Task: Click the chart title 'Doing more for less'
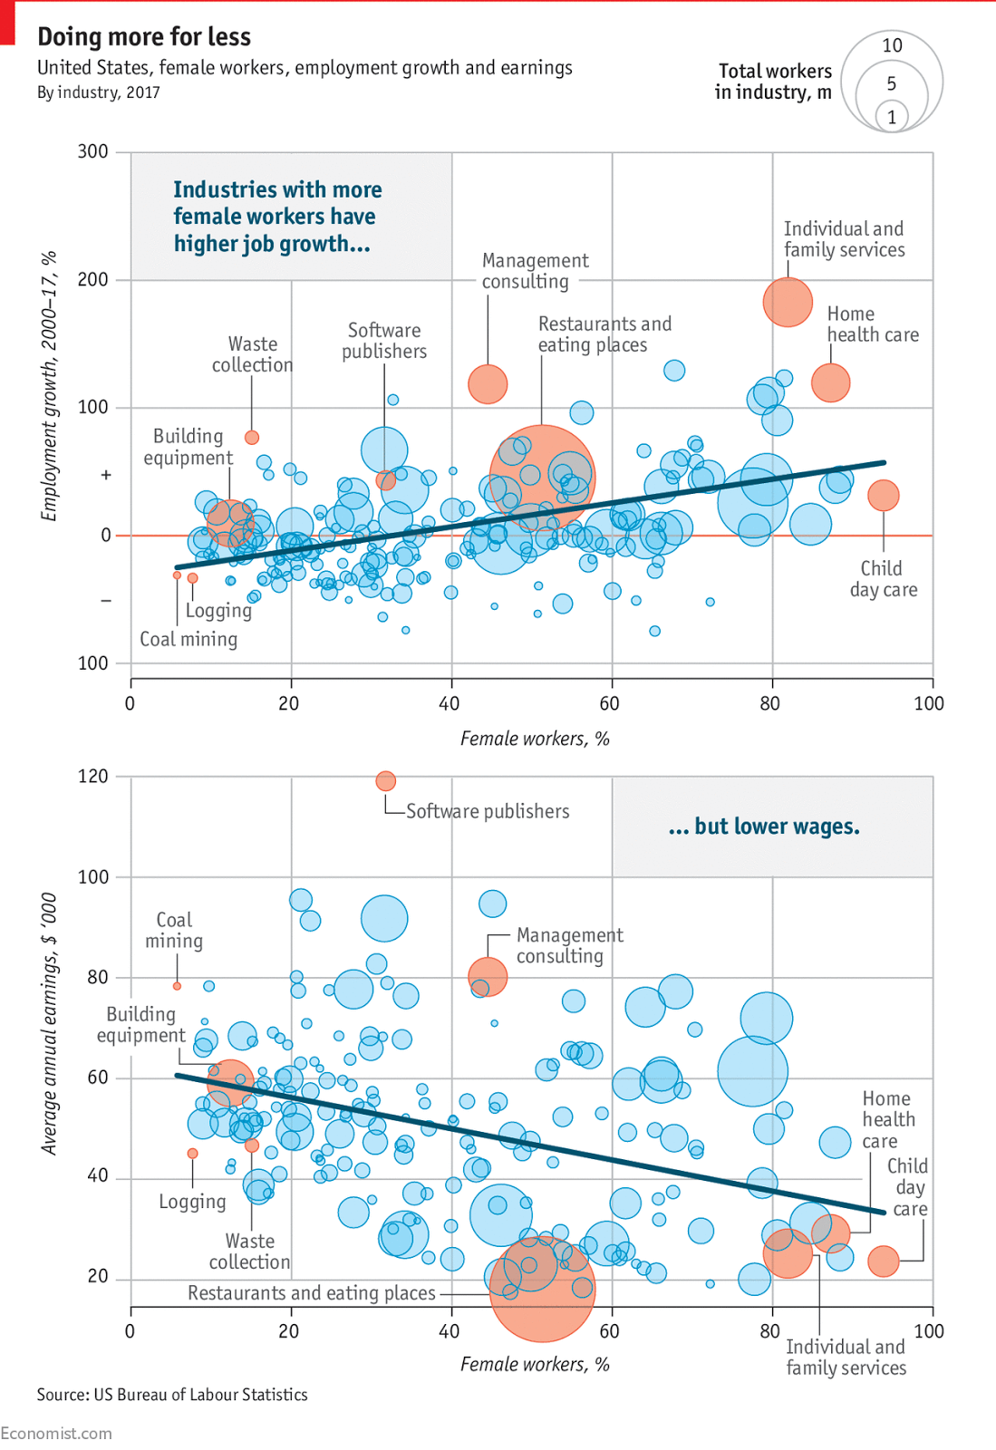[144, 36]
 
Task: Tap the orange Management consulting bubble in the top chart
[488, 384]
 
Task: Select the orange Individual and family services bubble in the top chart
[788, 302]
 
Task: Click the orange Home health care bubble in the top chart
[830, 382]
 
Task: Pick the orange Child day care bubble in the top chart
[883, 495]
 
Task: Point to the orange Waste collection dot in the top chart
[252, 438]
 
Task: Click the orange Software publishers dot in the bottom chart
[385, 780]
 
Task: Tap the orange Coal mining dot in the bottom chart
[177, 986]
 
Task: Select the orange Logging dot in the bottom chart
[192, 1154]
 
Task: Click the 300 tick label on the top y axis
[92, 151]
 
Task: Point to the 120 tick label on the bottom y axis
[92, 776]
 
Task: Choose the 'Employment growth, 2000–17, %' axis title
[49, 386]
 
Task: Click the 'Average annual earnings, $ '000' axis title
[49, 1023]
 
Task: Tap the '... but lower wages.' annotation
[763, 826]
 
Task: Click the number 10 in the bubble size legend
[892, 45]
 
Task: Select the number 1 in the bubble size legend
[892, 117]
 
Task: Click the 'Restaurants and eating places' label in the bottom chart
[311, 1293]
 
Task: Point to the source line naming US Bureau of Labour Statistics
[172, 1395]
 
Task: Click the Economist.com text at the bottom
[56, 1434]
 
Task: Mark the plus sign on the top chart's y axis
[106, 475]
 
